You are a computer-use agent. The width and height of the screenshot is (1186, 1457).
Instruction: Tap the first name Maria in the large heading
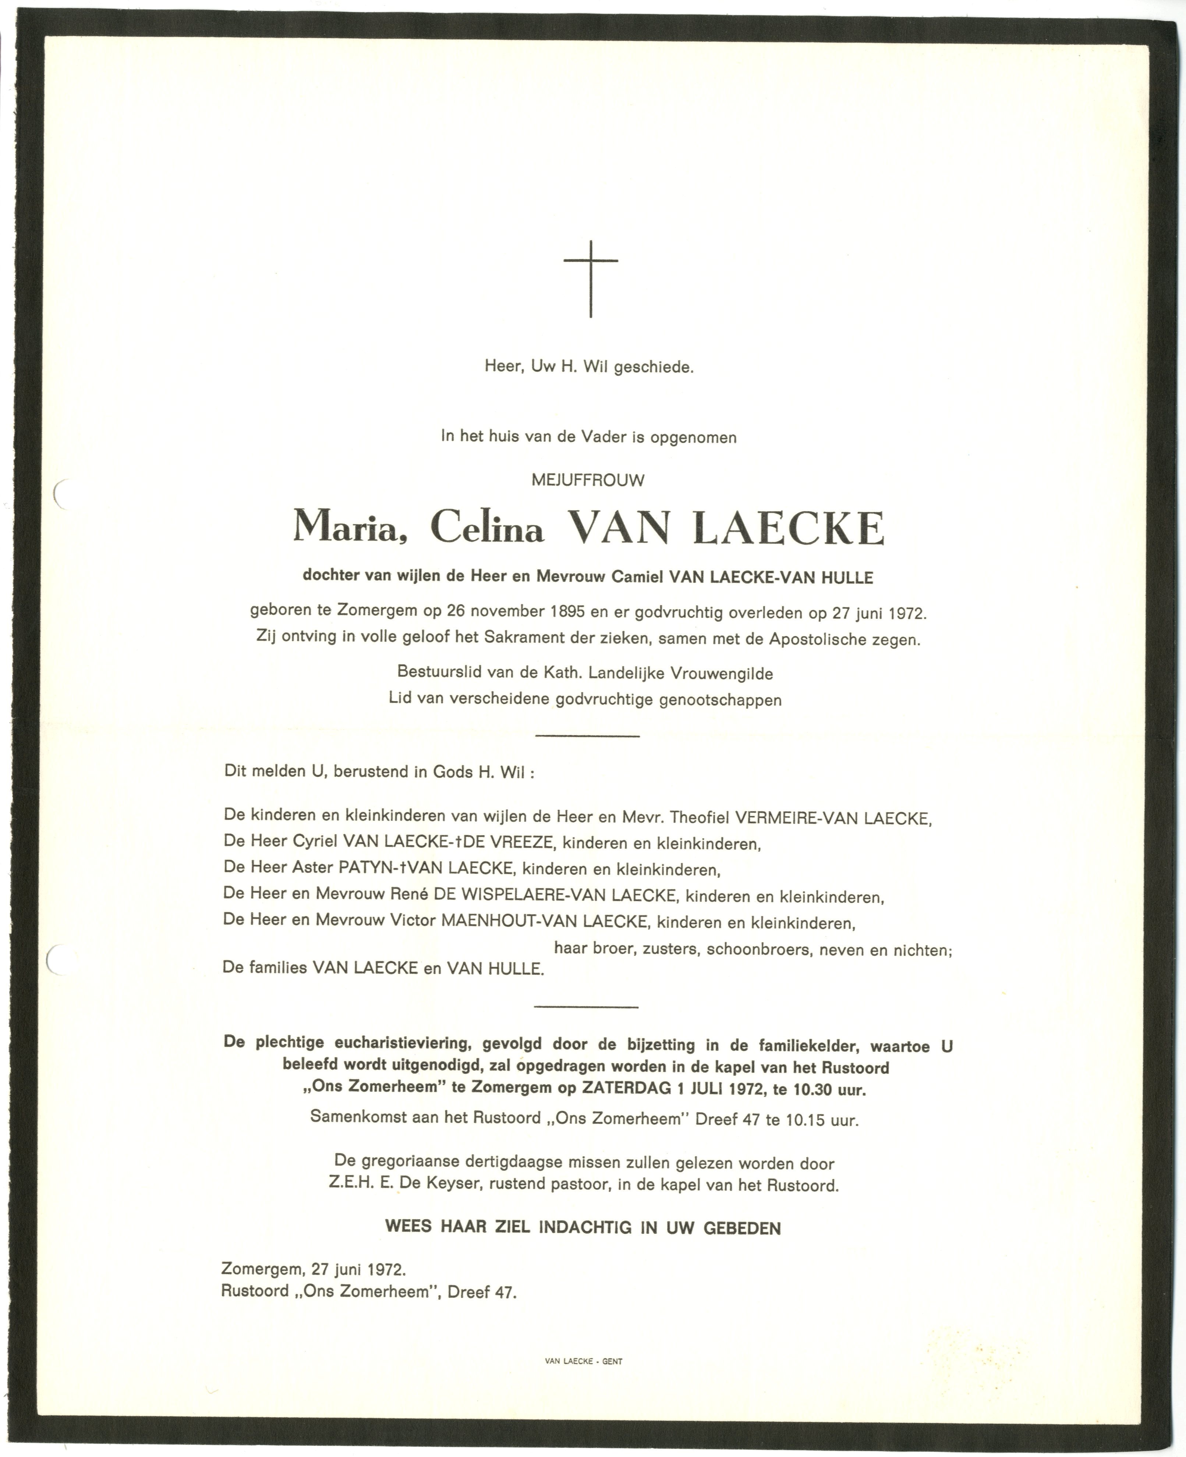point(346,528)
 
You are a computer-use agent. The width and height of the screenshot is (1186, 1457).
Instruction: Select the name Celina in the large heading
point(487,528)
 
